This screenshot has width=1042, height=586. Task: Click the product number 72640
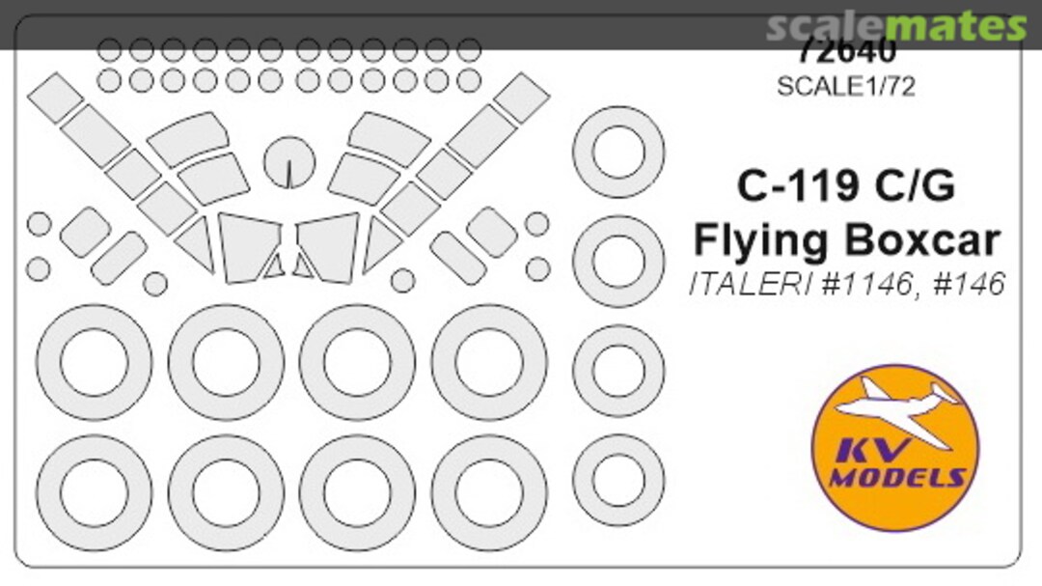[845, 51]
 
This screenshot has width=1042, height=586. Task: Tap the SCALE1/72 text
[845, 85]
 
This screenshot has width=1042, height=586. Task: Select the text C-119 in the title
[792, 186]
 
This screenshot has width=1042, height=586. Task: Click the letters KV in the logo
[859, 450]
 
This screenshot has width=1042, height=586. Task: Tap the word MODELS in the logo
[897, 478]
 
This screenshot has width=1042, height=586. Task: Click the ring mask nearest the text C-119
[618, 152]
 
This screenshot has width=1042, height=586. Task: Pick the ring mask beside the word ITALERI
[618, 261]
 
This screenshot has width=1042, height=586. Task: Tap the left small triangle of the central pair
[274, 265]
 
